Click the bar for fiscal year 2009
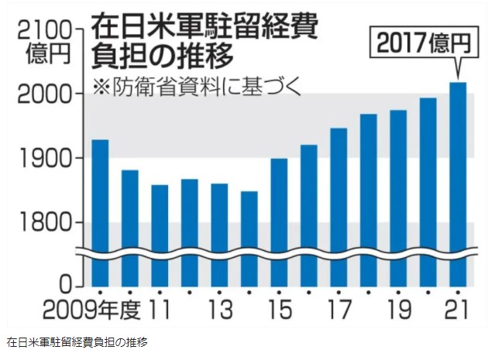click(x=100, y=209)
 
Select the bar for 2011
click(x=160, y=232)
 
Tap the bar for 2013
click(x=219, y=232)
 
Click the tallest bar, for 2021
click(x=458, y=182)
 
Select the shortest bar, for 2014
click(x=249, y=236)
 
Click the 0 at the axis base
click(x=67, y=283)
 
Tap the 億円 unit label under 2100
click(x=47, y=55)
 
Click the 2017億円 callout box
click(x=419, y=43)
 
